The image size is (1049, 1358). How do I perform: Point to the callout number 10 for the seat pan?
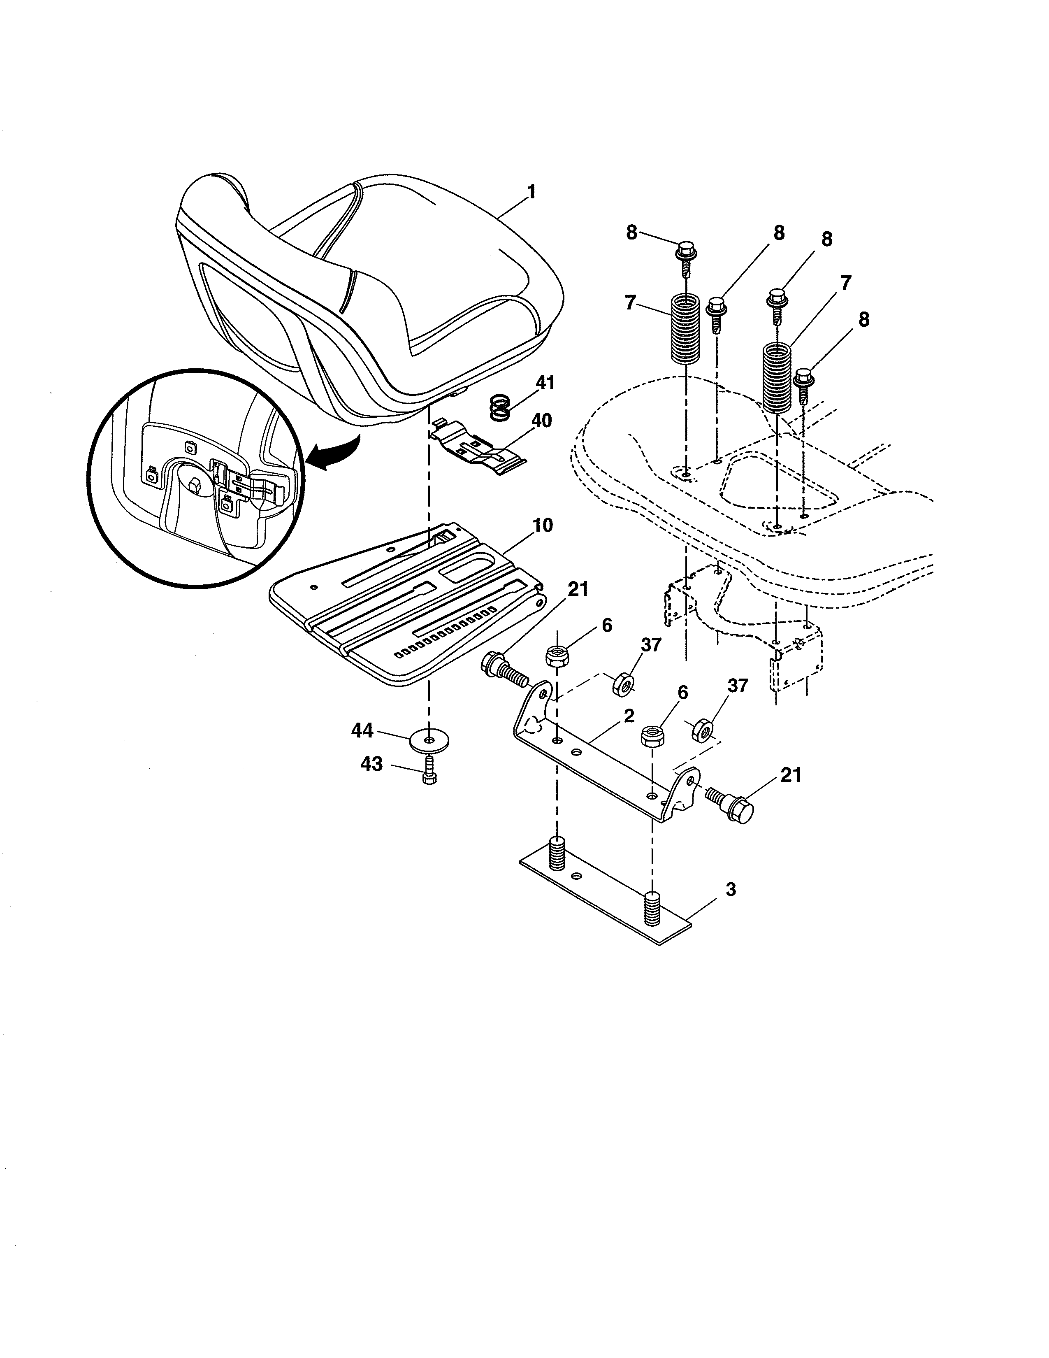coord(543,526)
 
